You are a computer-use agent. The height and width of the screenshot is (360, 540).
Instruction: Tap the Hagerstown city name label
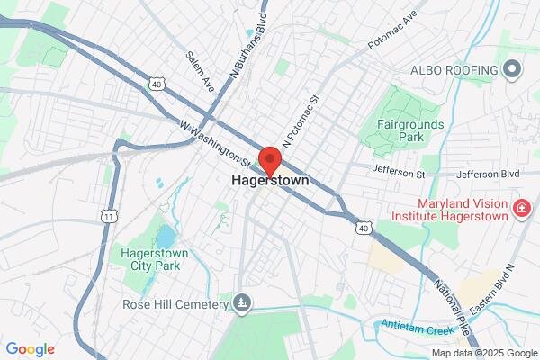coord(270,180)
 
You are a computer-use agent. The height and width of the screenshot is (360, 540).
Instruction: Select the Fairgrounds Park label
coord(400,130)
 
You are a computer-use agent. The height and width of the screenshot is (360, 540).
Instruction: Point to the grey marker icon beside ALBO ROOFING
coord(514,69)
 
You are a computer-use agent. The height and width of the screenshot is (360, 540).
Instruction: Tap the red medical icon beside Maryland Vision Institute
coord(520,210)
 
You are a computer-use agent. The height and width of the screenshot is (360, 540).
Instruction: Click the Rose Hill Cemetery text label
coord(175,304)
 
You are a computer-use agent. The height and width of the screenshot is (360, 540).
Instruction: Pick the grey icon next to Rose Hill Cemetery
coord(241,303)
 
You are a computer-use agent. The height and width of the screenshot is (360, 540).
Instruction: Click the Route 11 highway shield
coord(110,217)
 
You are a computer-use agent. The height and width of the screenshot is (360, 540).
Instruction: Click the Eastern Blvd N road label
coord(500,287)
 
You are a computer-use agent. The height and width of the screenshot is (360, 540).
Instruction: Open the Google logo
coord(30,349)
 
